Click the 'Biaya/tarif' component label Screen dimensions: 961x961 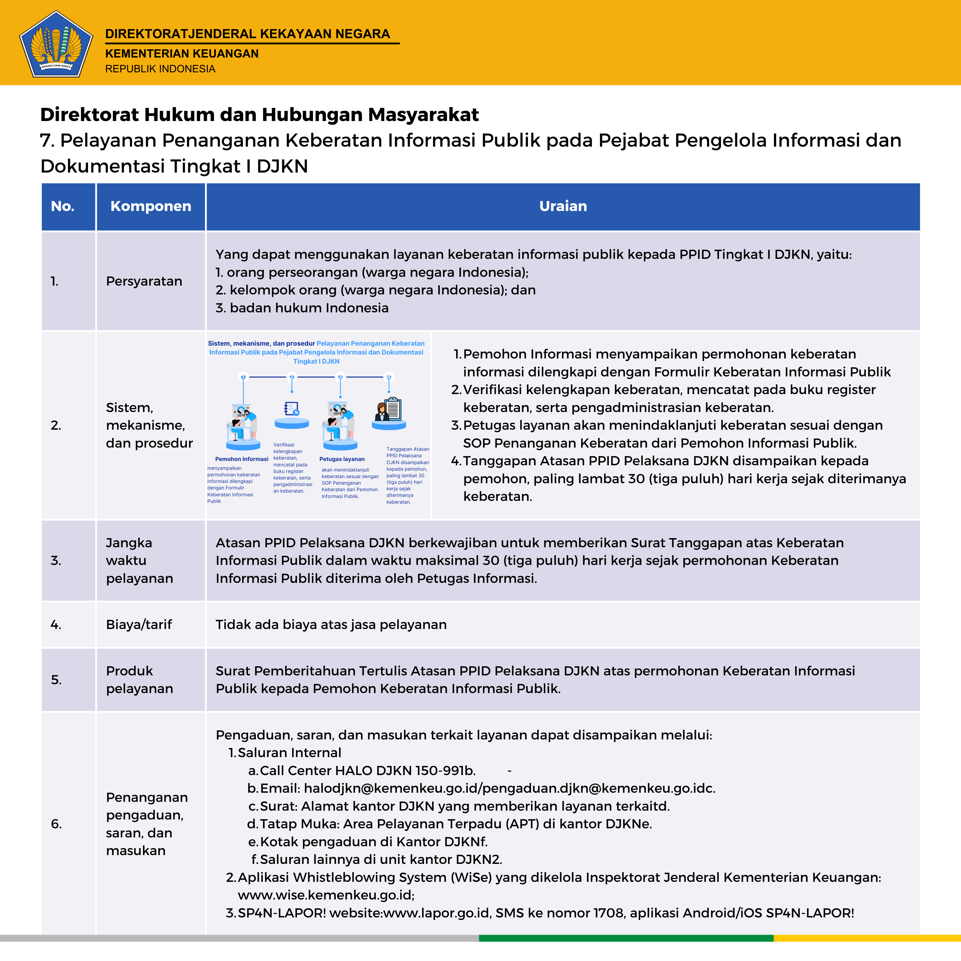[139, 625]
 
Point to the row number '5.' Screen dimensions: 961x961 [56, 680]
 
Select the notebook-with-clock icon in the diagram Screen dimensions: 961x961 [292, 409]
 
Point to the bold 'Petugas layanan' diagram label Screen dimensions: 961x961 [342, 459]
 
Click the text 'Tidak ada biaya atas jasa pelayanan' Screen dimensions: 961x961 [331, 625]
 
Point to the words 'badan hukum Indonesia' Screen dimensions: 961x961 [309, 308]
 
